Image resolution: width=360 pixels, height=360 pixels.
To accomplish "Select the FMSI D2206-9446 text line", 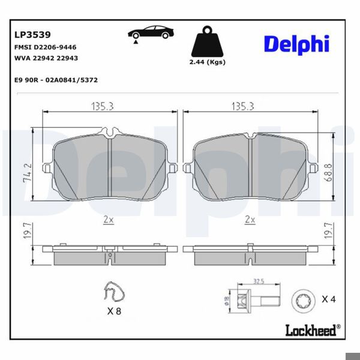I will coord(44,47).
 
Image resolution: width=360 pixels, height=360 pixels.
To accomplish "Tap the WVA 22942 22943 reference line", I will coord(46,58).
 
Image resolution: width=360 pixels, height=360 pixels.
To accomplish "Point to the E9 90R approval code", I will coord(56,79).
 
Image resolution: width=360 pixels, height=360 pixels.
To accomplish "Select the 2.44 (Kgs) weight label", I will coord(206,62).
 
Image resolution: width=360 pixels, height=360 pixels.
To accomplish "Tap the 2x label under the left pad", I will coord(108,220).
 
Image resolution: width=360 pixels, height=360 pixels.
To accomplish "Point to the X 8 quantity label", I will coord(113,312).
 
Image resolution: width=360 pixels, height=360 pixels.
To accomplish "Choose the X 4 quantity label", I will coord(328,299).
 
